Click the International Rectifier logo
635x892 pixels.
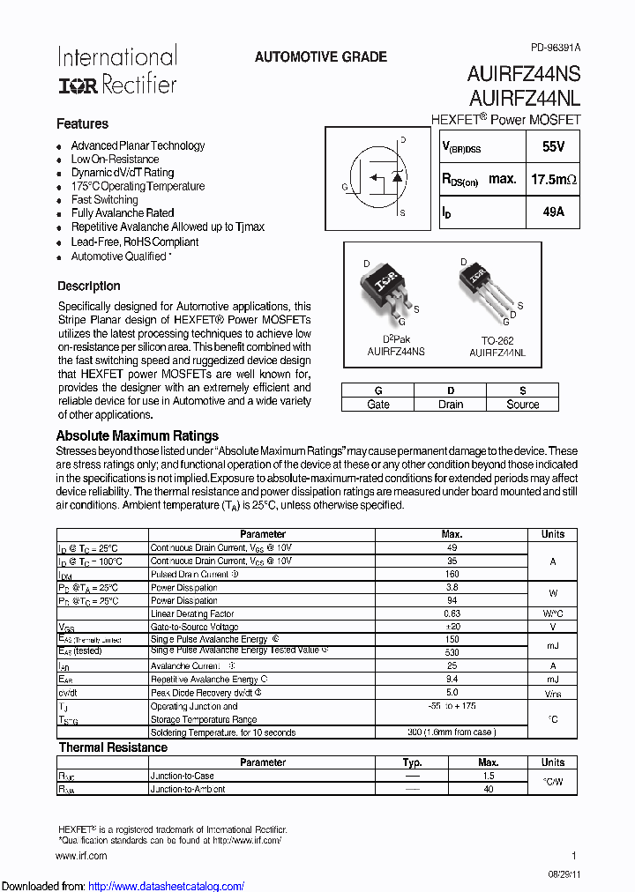point(117,71)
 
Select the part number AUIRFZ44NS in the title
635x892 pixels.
point(524,76)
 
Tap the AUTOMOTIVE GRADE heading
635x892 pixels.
point(320,56)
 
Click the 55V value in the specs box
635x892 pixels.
point(554,147)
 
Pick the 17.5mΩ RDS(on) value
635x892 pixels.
point(554,179)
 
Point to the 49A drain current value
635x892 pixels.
point(554,212)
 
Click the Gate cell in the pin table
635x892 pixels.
point(378,405)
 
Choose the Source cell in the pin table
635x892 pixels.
point(522,405)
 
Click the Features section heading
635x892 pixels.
point(82,124)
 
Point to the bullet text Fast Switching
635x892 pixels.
point(104,199)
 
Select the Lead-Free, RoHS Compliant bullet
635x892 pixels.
point(134,242)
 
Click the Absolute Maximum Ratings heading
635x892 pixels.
point(137,435)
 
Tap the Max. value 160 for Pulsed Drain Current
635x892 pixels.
point(452,574)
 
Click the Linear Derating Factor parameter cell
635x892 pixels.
point(192,613)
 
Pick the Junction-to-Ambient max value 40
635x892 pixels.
point(489,789)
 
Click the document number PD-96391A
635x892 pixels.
point(556,47)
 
